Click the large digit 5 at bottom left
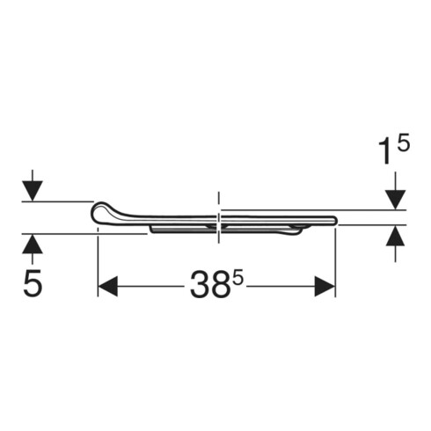[x=33, y=283]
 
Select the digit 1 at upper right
[x=385, y=151]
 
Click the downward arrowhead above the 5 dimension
[x=33, y=191]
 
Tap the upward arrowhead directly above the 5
[x=33, y=244]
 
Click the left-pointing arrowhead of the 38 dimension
[x=107, y=286]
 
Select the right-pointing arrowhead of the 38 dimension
[x=325, y=286]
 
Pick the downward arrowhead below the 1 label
[x=395, y=200]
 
